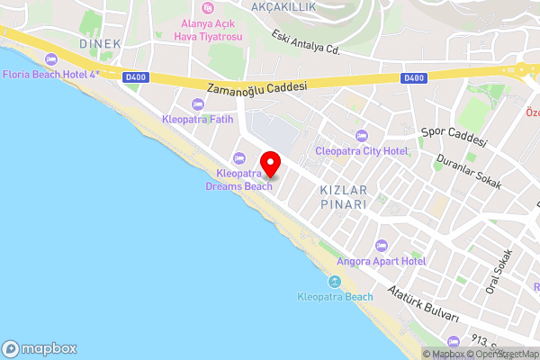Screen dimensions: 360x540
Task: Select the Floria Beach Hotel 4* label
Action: (x=50, y=74)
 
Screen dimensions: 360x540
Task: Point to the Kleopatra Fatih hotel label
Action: (x=198, y=119)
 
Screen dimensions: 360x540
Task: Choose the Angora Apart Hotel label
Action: (x=381, y=261)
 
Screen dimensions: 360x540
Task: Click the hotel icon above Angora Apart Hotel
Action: (x=381, y=245)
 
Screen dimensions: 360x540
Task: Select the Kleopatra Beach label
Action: (x=335, y=297)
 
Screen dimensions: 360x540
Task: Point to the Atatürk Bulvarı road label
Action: (x=423, y=306)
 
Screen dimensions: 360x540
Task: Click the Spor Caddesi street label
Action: (x=454, y=137)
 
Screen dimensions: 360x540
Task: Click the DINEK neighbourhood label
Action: (x=99, y=43)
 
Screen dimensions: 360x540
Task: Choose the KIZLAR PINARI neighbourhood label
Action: (x=343, y=198)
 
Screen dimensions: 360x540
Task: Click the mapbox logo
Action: (x=40, y=348)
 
